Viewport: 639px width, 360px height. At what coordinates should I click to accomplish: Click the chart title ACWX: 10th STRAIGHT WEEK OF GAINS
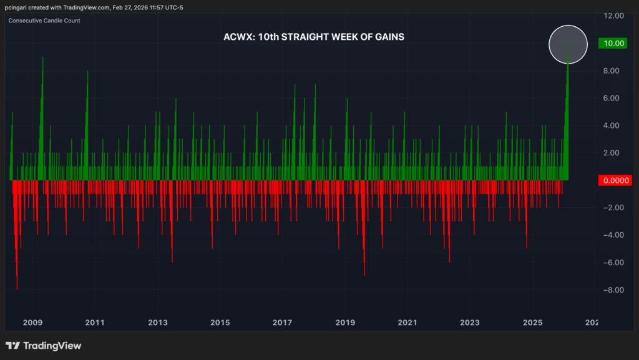click(x=314, y=37)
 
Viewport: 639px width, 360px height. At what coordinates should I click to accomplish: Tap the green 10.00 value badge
click(x=610, y=43)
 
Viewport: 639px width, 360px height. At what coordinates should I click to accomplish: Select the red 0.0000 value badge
click(x=610, y=180)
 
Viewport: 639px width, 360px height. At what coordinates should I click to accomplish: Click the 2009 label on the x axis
click(x=32, y=323)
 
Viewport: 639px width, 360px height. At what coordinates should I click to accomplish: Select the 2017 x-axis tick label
click(x=283, y=323)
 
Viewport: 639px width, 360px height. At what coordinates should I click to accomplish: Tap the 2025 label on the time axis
click(x=532, y=323)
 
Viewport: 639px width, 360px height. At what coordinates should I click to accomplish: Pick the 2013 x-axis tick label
click(x=158, y=323)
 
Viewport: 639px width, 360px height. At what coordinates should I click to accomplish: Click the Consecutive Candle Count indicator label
click(x=44, y=21)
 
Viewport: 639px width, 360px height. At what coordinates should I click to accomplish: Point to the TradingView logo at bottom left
click(x=43, y=346)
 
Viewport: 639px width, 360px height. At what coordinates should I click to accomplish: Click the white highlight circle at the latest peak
click(x=568, y=44)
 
